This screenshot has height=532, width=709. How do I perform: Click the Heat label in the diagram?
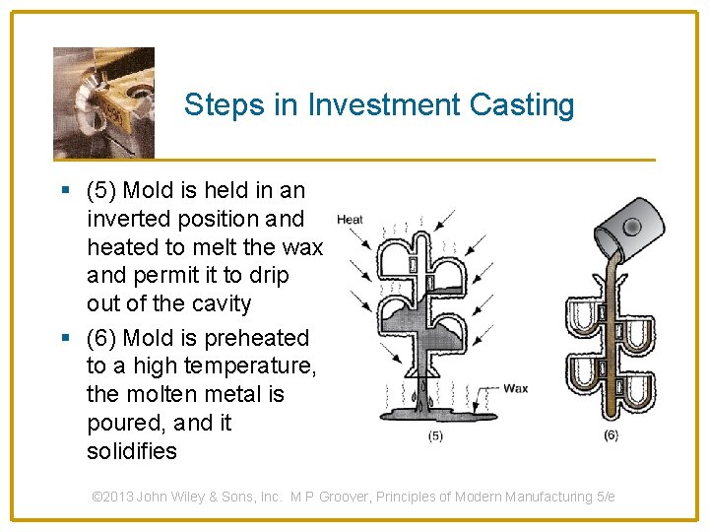350,220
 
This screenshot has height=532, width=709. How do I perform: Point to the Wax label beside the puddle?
515,388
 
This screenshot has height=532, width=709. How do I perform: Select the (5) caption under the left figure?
434,436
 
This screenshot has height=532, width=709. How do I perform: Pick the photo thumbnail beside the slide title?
103,102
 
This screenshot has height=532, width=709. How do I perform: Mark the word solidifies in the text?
132,452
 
